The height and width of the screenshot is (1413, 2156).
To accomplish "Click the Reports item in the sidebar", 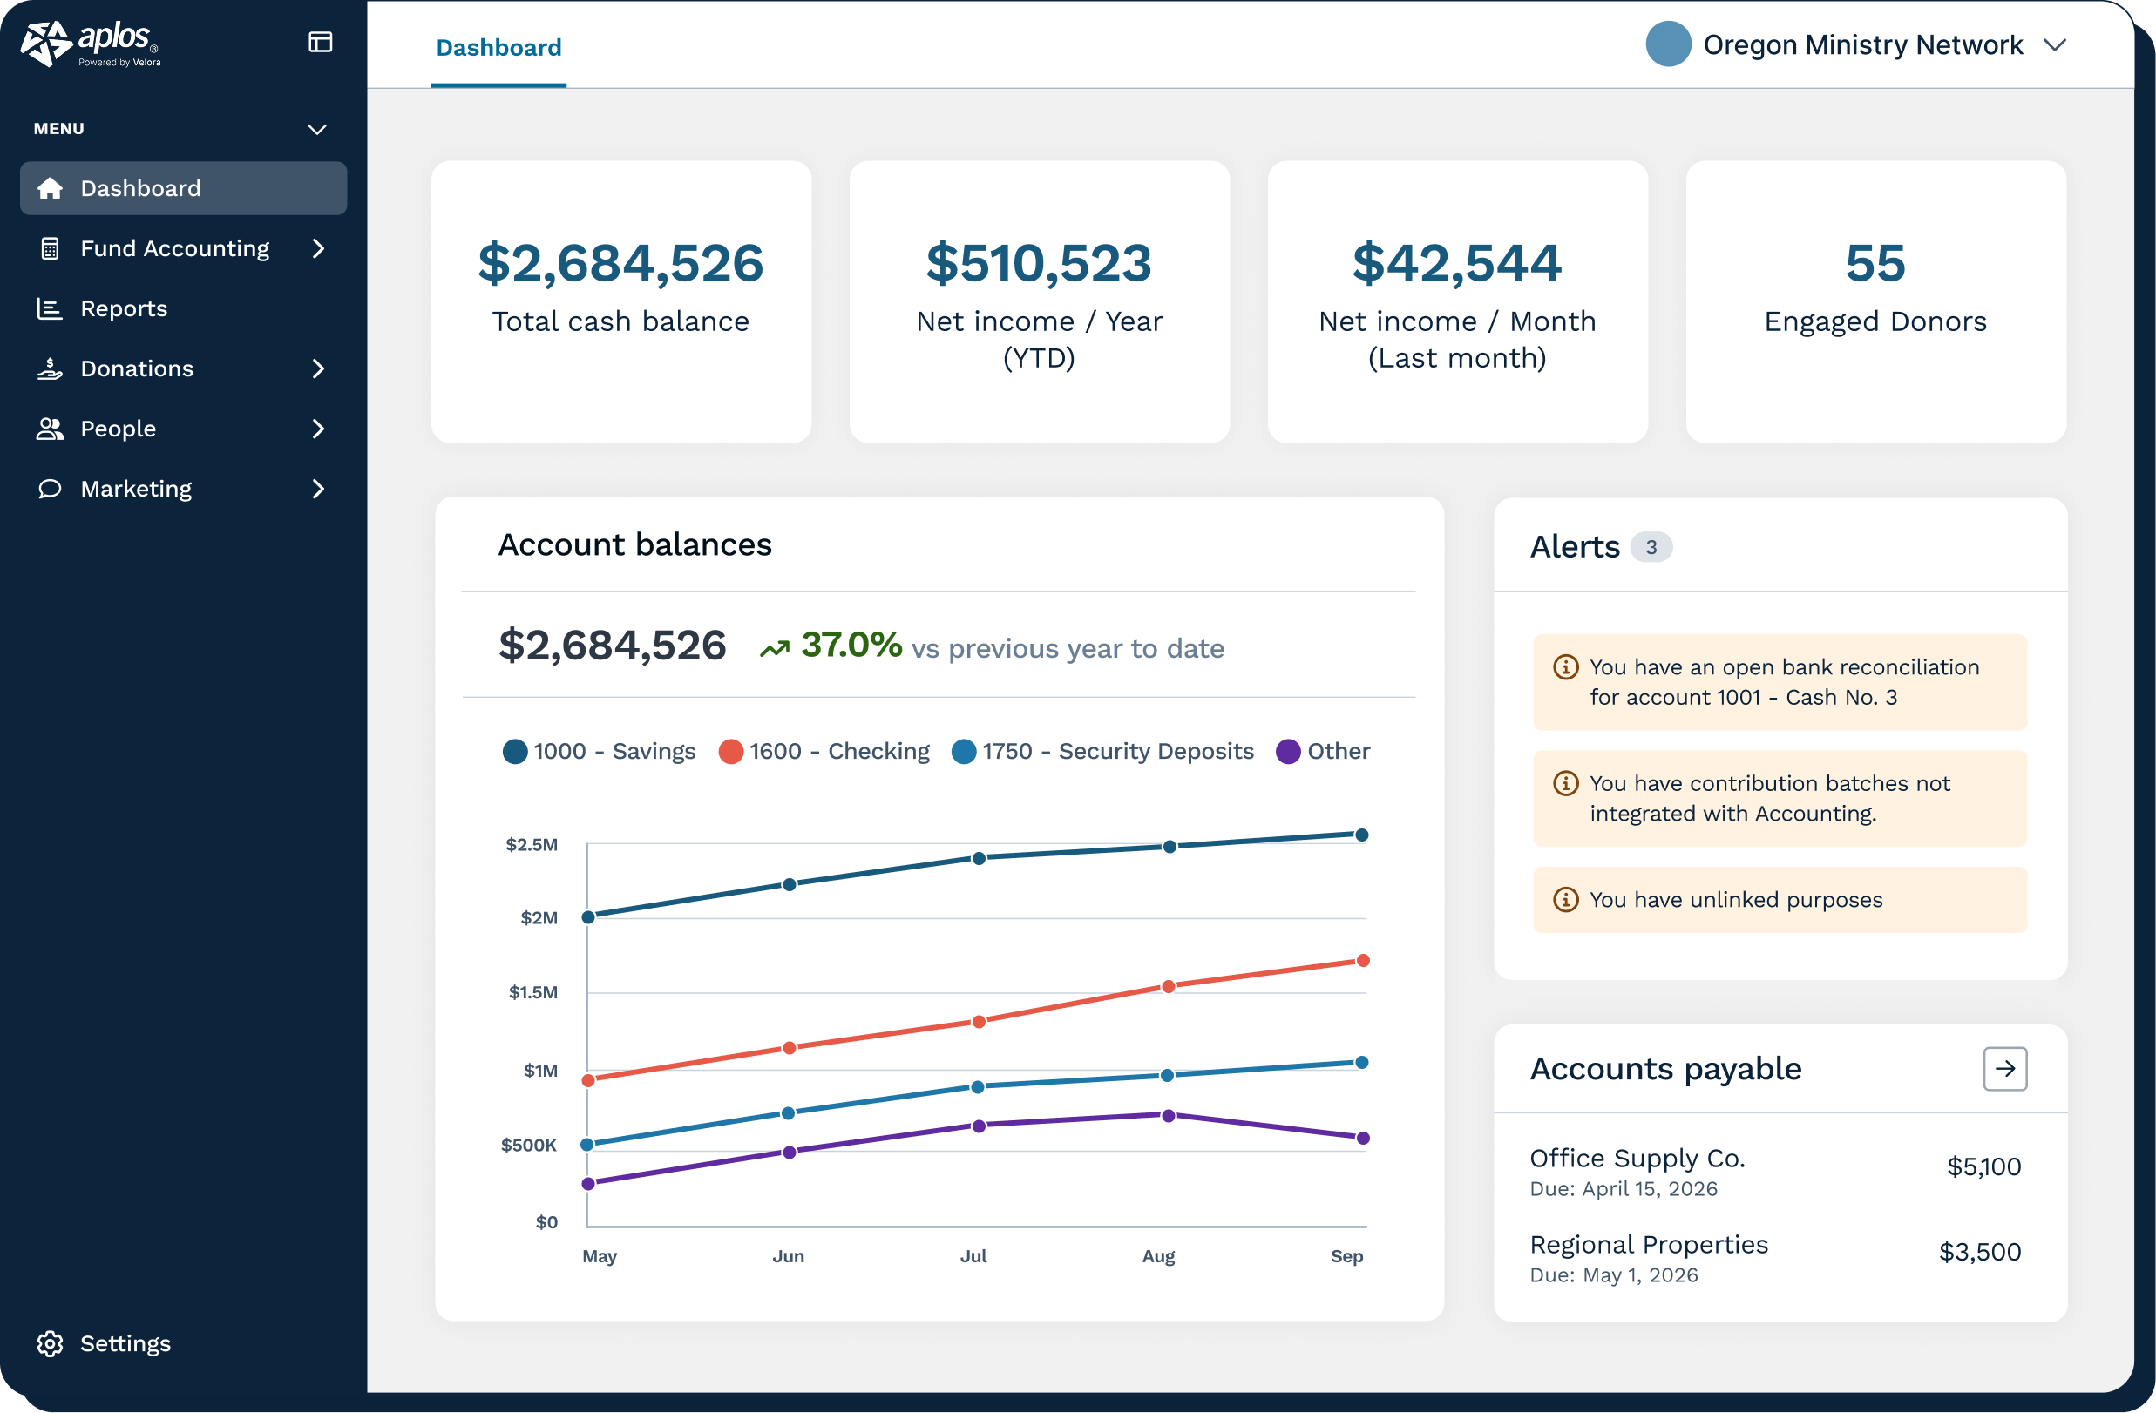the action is (x=124, y=309).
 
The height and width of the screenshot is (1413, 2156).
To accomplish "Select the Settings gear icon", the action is (x=50, y=1343).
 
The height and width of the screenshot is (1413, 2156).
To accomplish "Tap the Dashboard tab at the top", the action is (x=498, y=47).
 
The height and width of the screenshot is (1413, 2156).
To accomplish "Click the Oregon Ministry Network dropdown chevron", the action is (x=2055, y=45).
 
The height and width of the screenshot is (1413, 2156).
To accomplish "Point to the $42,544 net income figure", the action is (x=1457, y=263).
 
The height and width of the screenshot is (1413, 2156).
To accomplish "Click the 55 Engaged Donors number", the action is (x=1875, y=263).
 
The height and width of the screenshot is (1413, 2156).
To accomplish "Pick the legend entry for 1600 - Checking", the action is (x=824, y=751).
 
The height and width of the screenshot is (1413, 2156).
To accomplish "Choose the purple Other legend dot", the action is (x=1288, y=752).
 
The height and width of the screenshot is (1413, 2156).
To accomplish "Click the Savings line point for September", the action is (x=1361, y=835).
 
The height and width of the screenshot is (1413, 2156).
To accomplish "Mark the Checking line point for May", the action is (x=588, y=1079).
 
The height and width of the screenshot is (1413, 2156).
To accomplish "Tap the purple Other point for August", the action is (x=1169, y=1116).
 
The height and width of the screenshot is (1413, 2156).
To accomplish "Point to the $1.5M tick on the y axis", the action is (x=533, y=993).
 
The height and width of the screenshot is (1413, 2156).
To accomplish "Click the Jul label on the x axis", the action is (x=973, y=1256).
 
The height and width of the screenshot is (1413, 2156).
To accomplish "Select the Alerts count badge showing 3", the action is (x=1651, y=547).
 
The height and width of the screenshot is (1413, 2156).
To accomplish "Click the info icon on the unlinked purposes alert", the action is (x=1565, y=899).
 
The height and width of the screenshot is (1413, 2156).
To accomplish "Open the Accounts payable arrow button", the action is (x=2004, y=1069).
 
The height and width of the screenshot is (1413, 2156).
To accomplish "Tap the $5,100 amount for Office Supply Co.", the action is (x=1983, y=1166).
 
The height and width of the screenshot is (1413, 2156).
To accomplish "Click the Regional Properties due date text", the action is (x=1613, y=1275).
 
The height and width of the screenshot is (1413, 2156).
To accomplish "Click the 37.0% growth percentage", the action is (x=851, y=645).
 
